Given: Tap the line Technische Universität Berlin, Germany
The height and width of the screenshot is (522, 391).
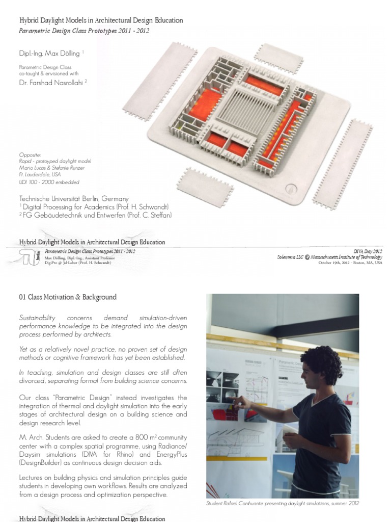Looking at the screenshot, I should [74, 198].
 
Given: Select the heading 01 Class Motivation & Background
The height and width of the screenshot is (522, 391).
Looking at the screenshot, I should [68, 297].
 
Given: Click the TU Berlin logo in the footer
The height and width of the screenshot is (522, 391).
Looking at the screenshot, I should [29, 257].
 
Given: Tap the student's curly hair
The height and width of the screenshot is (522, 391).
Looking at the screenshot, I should [322, 362].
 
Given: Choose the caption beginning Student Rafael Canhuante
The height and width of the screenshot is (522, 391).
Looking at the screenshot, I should [283, 503].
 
